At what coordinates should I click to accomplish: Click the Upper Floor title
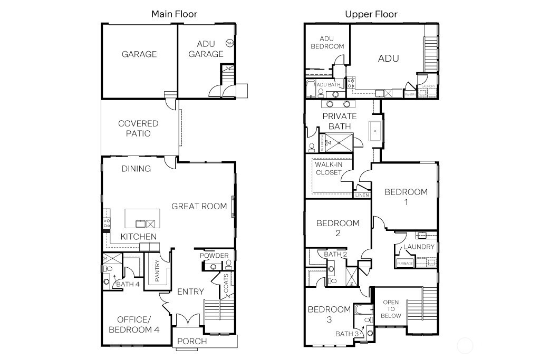point(371,14)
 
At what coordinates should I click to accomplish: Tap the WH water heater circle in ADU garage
point(230,43)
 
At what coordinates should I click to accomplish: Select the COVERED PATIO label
point(138,129)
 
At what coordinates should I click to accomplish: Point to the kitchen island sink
point(141,223)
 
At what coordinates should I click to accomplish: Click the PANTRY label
point(157,271)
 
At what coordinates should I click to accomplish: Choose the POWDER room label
point(215,256)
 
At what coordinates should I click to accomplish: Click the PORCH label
point(192,342)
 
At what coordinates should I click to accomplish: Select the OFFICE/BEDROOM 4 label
point(133,325)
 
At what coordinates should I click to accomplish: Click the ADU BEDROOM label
point(327,42)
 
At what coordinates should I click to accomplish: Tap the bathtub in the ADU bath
point(311,89)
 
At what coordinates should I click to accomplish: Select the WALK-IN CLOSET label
point(329,169)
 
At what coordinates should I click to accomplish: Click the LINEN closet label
point(362,195)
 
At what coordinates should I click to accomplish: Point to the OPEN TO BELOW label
point(391,309)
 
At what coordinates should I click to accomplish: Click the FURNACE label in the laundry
point(404,262)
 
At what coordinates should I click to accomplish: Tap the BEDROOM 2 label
point(337,228)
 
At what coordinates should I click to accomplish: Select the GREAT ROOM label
point(199,206)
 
